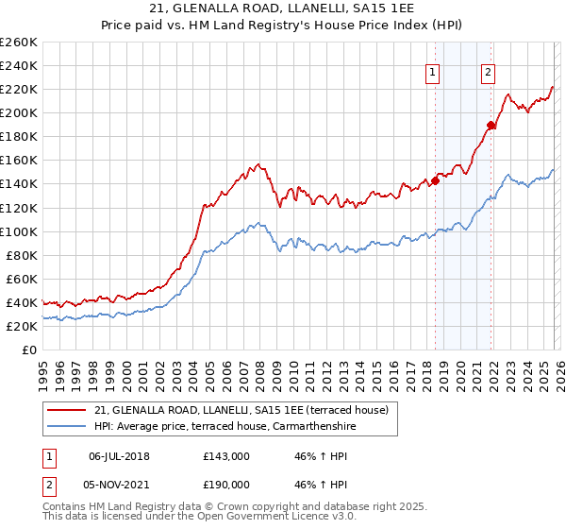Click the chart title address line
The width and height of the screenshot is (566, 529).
tap(282, 9)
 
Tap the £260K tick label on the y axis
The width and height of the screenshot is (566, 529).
tap(18, 43)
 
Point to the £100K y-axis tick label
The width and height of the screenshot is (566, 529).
tap(18, 231)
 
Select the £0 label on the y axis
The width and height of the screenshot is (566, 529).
tap(29, 350)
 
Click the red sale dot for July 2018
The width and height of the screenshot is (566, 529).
tap(435, 180)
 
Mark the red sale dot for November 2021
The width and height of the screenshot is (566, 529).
tap(491, 125)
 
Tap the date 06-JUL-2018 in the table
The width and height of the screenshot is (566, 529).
tap(119, 455)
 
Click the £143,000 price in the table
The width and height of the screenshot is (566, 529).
tap(226, 455)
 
